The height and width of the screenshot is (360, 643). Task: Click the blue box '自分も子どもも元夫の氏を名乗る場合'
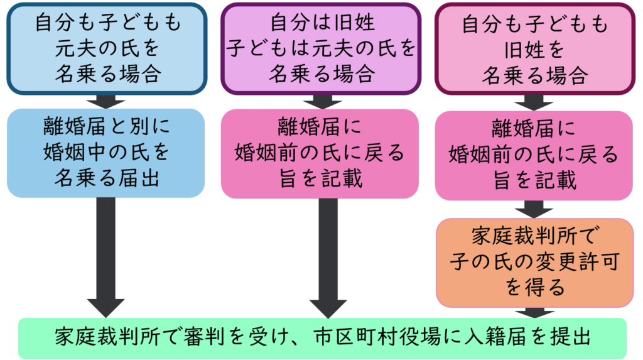[x=107, y=49]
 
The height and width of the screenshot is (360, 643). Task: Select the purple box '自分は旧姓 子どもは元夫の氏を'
[x=321, y=49]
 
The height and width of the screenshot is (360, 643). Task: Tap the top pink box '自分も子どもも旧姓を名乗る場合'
[x=535, y=49]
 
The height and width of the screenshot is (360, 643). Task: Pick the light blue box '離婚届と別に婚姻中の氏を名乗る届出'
[x=105, y=153]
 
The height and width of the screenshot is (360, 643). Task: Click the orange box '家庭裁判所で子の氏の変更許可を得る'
[x=535, y=263]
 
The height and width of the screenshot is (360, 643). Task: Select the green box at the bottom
[x=322, y=338]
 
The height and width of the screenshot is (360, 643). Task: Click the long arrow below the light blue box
[x=105, y=258]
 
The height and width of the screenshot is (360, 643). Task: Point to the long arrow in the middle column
[x=328, y=258]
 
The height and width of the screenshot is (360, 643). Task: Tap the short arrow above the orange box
[x=534, y=209]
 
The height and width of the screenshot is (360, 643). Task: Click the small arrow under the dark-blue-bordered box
[x=105, y=102]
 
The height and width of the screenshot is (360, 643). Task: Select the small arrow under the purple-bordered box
[x=322, y=102]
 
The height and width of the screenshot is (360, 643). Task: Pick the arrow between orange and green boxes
[x=535, y=313]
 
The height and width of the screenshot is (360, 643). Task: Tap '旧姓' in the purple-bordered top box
[x=354, y=22]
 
